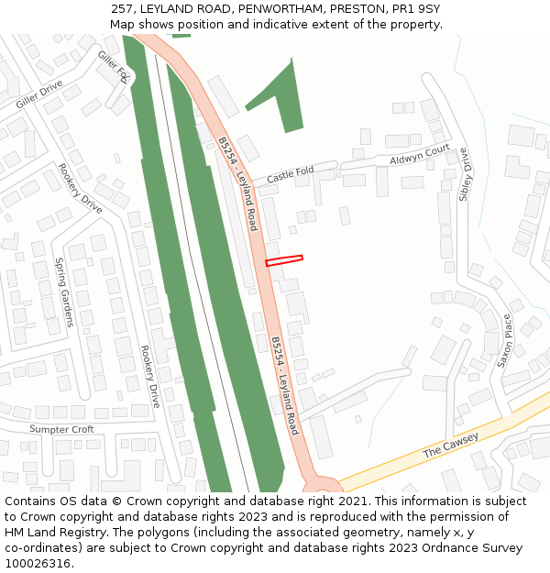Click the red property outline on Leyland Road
click(x=284, y=261)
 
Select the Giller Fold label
click(x=114, y=67)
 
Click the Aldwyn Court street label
click(x=420, y=154)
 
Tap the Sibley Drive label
click(x=467, y=174)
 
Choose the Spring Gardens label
click(x=63, y=292)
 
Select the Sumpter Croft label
click(x=61, y=429)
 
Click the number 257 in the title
click(x=123, y=8)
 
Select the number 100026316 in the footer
click(x=38, y=564)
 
